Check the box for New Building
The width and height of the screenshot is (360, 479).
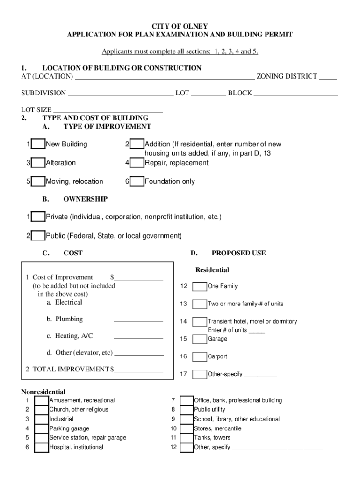(38, 145)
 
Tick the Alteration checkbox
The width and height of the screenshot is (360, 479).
(38, 163)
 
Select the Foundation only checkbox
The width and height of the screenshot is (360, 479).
(137, 182)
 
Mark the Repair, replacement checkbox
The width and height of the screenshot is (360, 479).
(137, 163)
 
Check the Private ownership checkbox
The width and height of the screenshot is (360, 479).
(38, 218)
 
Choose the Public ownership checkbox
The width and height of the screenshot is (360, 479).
(38, 236)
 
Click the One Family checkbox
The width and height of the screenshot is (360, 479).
(200, 286)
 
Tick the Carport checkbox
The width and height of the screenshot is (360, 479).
(200, 357)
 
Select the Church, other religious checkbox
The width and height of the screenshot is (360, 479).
(42, 410)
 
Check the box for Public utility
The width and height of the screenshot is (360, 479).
(187, 410)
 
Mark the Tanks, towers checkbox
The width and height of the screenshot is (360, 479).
(187, 438)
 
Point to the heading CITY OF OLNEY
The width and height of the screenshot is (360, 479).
(180, 26)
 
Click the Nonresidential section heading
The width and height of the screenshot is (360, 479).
(43, 392)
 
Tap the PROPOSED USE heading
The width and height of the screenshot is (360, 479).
(238, 253)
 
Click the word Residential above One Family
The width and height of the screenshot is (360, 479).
(212, 270)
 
